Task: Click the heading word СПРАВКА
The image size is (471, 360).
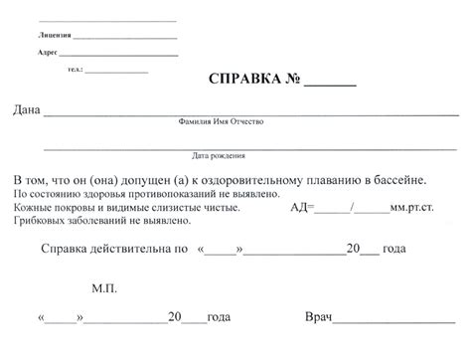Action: (x=242, y=79)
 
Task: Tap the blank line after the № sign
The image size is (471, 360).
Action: (x=329, y=82)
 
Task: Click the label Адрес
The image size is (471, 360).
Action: (x=47, y=52)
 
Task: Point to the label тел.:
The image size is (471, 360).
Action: (x=76, y=70)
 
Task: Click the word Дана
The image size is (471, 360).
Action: (x=26, y=108)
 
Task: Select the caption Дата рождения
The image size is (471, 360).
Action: (x=220, y=155)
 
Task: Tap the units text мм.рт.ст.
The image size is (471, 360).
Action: (x=414, y=209)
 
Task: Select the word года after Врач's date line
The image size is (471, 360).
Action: (x=219, y=319)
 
